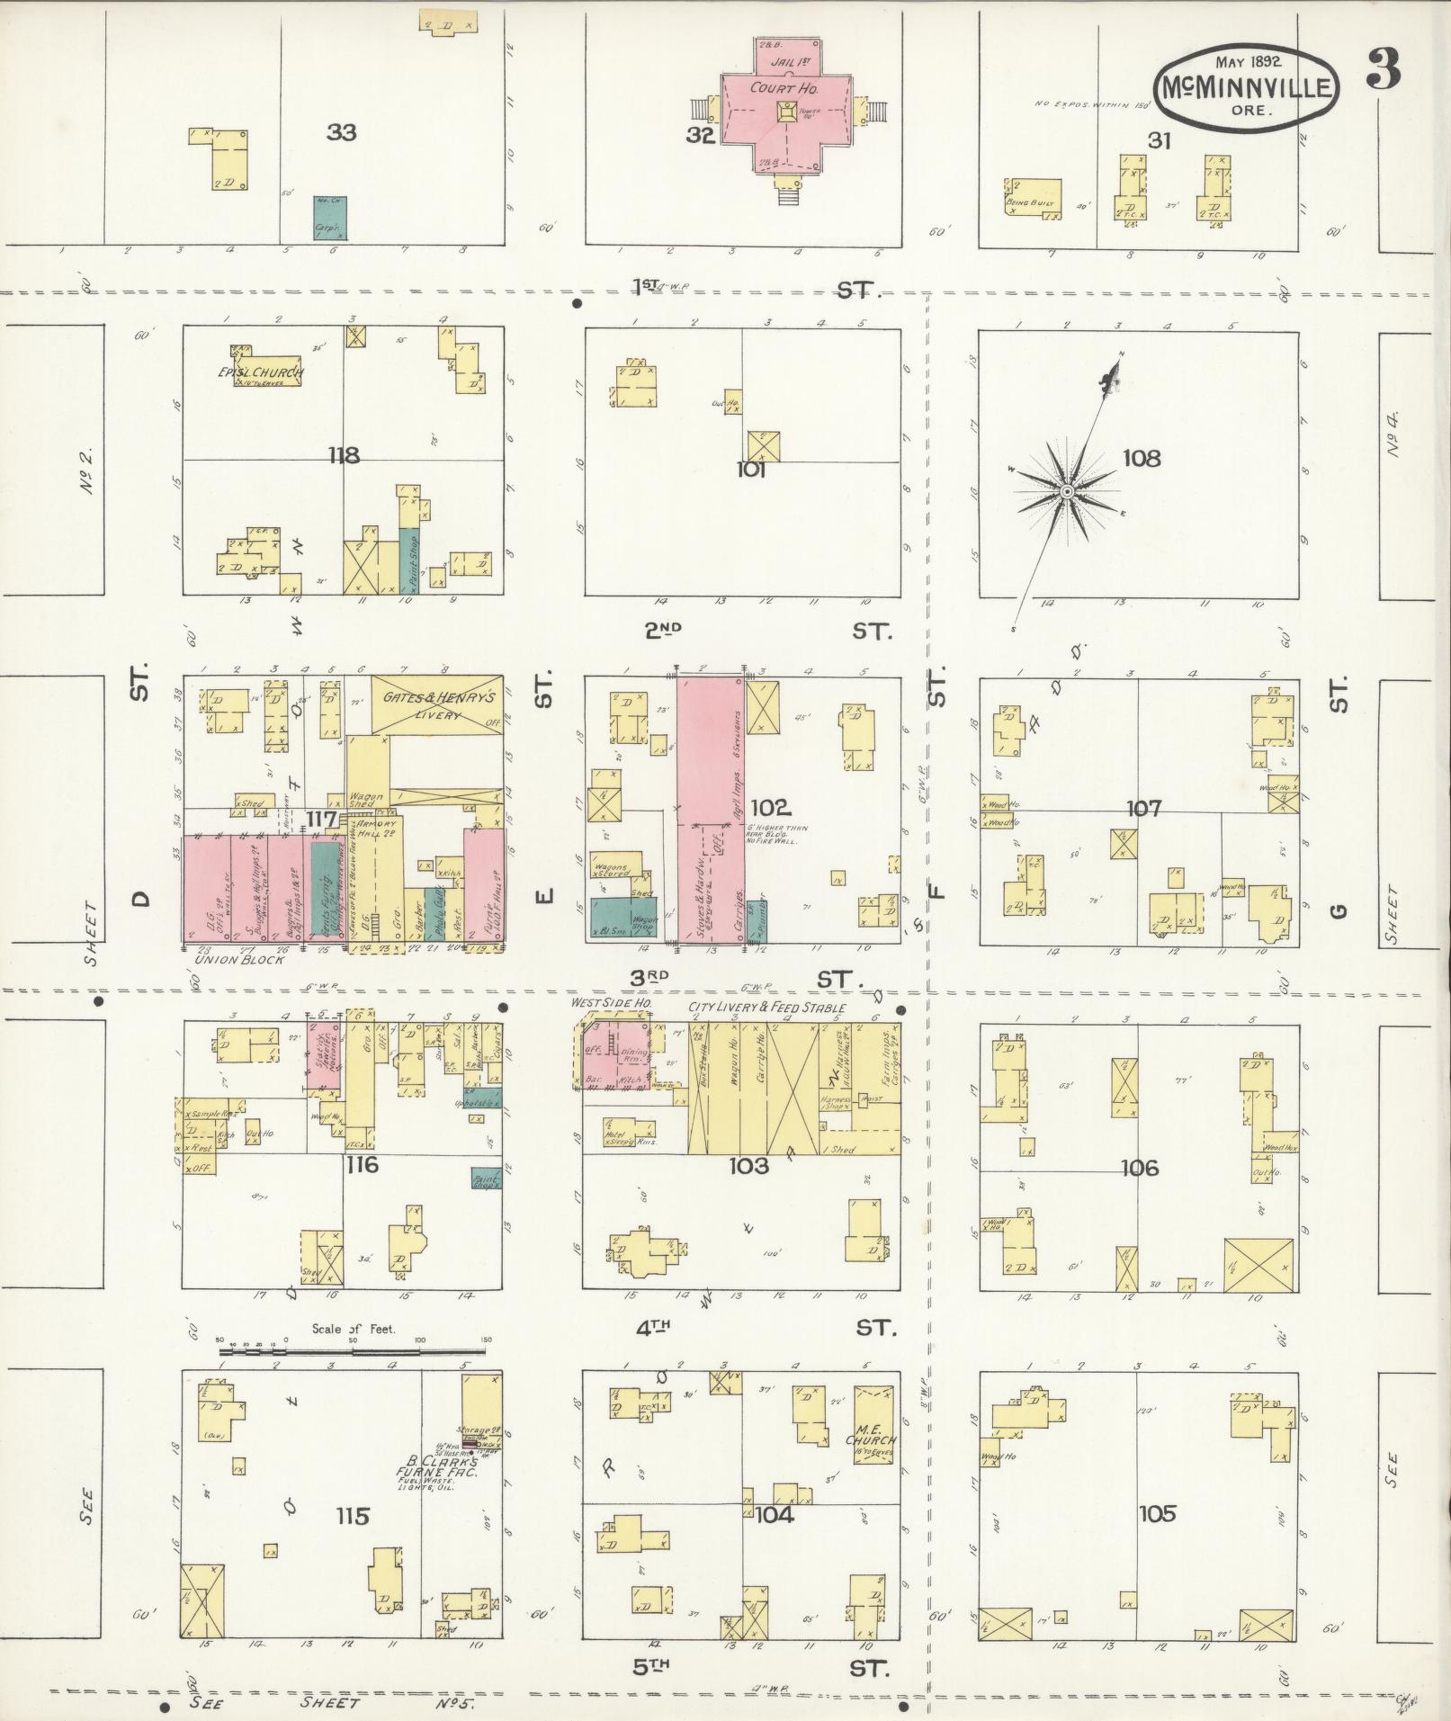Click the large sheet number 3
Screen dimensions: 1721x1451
(1383, 69)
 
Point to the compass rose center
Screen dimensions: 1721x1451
(1066, 491)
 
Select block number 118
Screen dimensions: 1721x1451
(344, 456)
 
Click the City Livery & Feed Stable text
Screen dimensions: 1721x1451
(766, 1008)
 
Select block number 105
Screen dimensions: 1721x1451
(1157, 1513)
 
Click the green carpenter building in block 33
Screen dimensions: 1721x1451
(329, 218)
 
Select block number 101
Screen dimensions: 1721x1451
(750, 470)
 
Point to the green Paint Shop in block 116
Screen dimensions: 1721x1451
(486, 1179)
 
